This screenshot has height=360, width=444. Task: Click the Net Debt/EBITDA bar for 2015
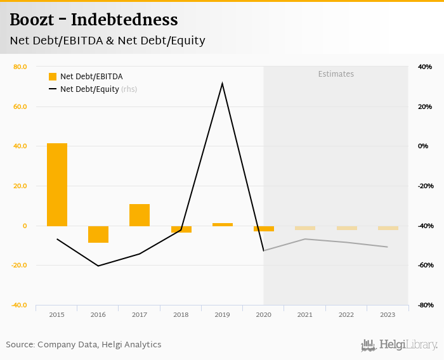(57, 184)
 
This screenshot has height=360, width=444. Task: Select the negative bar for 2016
(98, 234)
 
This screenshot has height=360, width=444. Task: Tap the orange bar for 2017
(140, 215)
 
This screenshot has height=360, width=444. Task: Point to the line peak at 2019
(222, 83)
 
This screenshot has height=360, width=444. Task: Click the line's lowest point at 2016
(98, 266)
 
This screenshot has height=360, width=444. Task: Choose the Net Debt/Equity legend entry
(89, 89)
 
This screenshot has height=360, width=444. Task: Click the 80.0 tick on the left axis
(20, 67)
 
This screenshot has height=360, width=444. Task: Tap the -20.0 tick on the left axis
(19, 266)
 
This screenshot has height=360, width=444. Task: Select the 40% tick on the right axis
(424, 67)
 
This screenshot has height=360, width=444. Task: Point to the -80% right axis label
(425, 305)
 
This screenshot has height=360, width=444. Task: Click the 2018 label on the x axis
(181, 314)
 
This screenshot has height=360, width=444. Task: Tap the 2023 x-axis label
(388, 314)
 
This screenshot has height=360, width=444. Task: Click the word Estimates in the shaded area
(336, 74)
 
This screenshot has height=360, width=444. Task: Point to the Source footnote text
(84, 345)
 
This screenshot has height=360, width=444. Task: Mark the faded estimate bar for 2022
(346, 228)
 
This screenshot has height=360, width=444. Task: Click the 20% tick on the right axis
(424, 106)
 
